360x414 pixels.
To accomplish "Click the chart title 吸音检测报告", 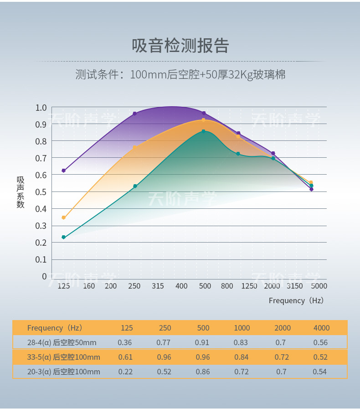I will tap(180, 46).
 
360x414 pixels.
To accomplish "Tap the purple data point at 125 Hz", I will tap(64, 171).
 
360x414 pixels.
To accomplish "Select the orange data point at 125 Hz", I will tap(64, 217).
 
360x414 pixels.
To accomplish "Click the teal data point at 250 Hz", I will tap(135, 186).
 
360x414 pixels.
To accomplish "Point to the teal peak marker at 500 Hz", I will tap(204, 131).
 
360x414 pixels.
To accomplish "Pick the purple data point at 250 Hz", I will tap(135, 114).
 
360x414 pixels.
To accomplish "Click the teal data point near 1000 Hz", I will tap(238, 154).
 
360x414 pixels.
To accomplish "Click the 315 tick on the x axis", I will tap(158, 286).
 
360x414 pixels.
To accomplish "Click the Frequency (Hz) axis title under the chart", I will tap(296, 300).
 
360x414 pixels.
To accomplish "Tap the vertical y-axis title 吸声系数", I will tap(21, 192).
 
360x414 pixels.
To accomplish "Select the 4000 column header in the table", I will tap(321, 328).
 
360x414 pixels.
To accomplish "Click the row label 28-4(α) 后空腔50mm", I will tap(62, 342).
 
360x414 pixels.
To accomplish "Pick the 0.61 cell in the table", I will tap(125, 357).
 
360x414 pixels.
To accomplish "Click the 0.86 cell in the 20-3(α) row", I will tap(203, 372).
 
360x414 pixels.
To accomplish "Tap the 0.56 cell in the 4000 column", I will tap(320, 342).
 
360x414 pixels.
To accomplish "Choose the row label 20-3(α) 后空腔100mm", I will tap(64, 372).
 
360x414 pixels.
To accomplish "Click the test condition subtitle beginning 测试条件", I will tap(180, 74).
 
